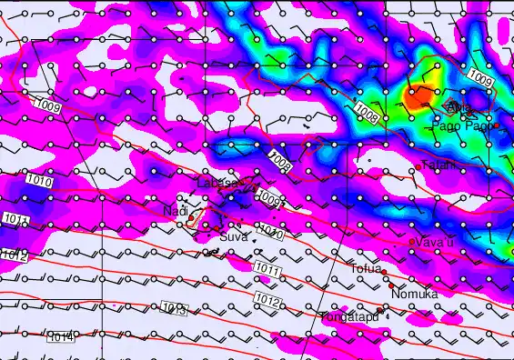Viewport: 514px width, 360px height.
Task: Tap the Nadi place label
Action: click(x=175, y=211)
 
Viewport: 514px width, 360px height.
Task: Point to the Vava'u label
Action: click(x=435, y=242)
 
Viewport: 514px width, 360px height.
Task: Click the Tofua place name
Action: click(x=366, y=268)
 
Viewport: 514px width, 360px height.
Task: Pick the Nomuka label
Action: click(x=414, y=294)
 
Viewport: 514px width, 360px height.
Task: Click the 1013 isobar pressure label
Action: click(x=176, y=311)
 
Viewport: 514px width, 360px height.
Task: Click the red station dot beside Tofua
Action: click(x=384, y=272)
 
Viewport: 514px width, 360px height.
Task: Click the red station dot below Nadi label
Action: click(x=190, y=222)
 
